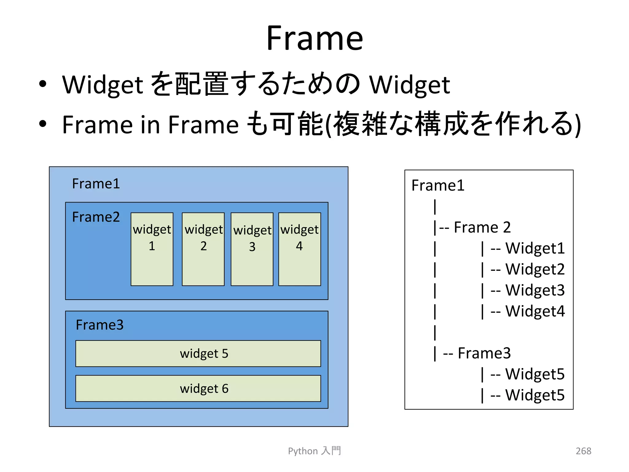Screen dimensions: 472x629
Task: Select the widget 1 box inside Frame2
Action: (152, 249)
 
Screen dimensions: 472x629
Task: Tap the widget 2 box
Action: (203, 249)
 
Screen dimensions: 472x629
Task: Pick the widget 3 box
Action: (252, 249)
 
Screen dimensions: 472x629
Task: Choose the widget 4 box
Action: (299, 249)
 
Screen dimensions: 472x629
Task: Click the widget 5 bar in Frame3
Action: (198, 353)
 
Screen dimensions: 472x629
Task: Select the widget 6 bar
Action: (198, 388)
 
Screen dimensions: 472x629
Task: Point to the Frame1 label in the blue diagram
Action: (96, 184)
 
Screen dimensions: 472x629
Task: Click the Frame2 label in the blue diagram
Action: (96, 217)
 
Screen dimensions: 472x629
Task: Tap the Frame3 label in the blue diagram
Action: (100, 325)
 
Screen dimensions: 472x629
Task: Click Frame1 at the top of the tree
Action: (438, 185)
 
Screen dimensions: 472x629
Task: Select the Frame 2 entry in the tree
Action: (482, 227)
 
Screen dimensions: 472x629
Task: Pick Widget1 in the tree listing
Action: (535, 248)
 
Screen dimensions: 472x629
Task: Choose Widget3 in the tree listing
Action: (535, 290)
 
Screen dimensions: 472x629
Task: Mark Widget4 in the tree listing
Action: (535, 311)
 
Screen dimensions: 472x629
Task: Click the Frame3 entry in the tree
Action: (484, 353)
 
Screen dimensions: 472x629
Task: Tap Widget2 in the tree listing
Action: (535, 269)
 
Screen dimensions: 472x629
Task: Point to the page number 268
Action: (583, 451)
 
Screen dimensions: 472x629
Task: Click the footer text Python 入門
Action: (314, 451)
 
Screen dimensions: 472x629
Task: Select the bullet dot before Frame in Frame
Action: (43, 124)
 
